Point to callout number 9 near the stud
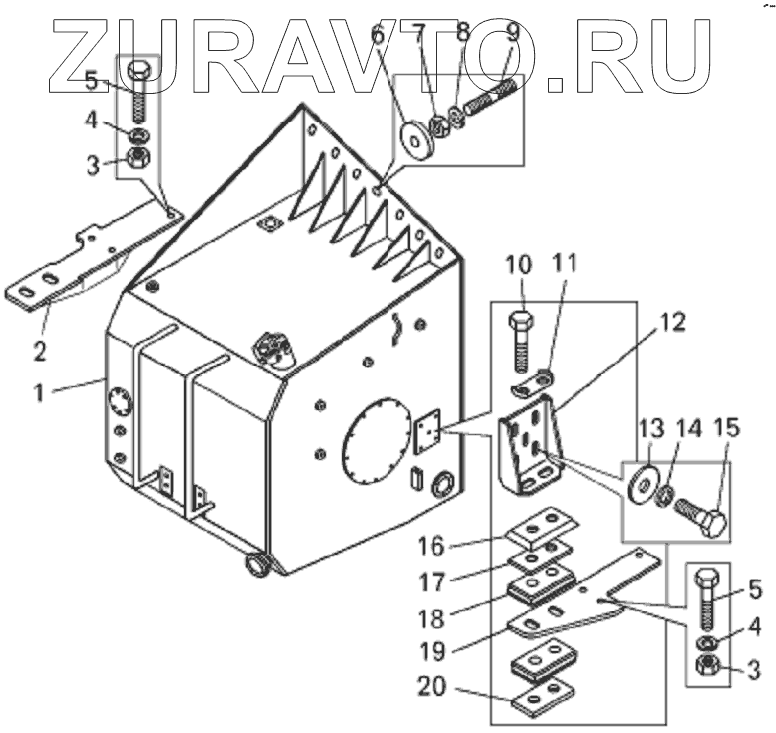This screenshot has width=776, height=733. [512, 31]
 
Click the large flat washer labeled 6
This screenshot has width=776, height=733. [412, 136]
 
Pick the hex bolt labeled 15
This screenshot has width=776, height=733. [702, 516]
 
